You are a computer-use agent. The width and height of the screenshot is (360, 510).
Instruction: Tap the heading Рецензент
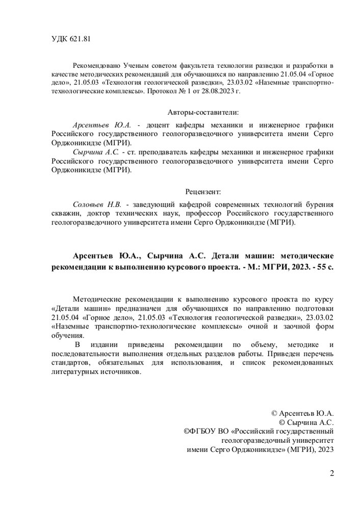coord(200,192)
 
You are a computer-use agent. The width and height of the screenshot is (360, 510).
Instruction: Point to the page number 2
coord(332,472)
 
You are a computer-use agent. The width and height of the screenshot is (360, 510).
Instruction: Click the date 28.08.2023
coord(219,91)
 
